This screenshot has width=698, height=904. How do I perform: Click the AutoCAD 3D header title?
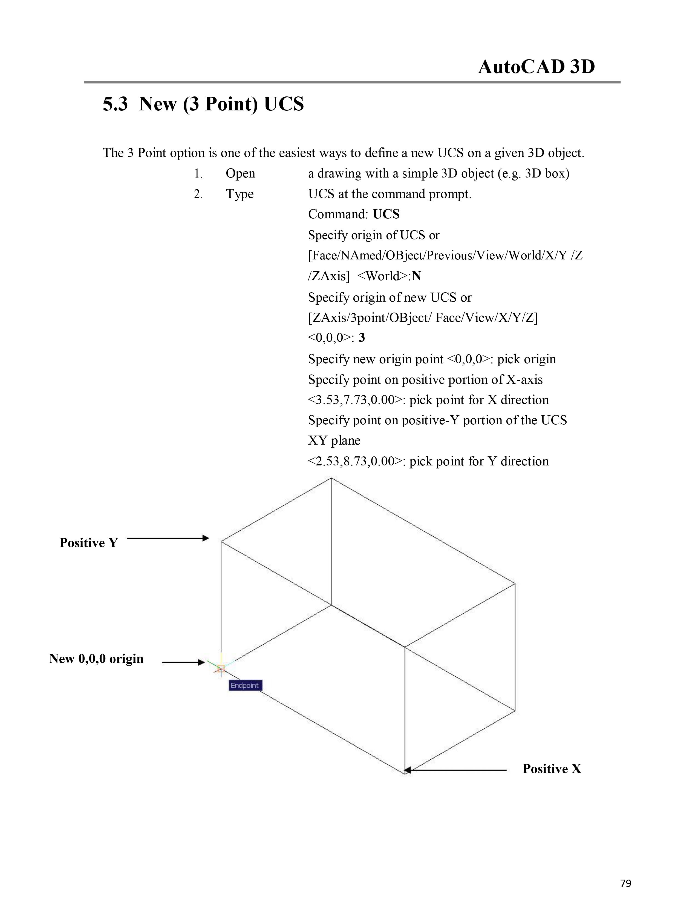tap(536, 67)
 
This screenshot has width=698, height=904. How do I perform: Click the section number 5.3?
tap(115, 104)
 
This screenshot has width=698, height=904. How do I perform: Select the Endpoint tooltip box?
tap(245, 685)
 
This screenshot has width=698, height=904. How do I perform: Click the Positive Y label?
tap(88, 543)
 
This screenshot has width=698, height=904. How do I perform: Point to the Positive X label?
tap(552, 769)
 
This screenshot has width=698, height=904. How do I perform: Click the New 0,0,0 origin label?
tap(96, 659)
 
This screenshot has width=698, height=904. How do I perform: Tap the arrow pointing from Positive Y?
tap(168, 538)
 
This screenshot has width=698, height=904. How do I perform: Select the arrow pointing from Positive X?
tap(455, 770)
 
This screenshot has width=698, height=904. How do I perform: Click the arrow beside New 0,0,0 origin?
tap(183, 662)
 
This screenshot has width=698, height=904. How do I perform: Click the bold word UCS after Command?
tap(386, 214)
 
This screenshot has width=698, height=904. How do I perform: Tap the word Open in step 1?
tap(240, 173)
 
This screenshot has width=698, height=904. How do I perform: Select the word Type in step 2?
tap(240, 194)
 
